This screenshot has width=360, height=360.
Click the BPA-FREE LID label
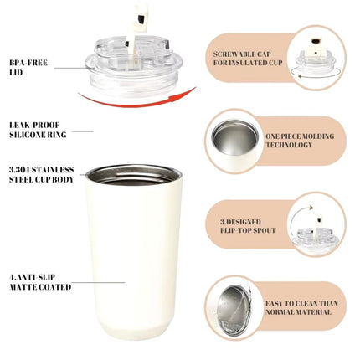(28, 67)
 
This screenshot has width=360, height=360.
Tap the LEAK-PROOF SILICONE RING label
(38, 130)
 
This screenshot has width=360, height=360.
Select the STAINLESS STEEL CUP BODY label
(41, 174)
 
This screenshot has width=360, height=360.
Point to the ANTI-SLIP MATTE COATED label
(40, 282)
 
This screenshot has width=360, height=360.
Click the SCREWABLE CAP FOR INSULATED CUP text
(248, 59)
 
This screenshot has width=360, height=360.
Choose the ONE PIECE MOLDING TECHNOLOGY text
(300, 141)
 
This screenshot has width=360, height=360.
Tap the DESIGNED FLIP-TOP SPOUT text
(248, 226)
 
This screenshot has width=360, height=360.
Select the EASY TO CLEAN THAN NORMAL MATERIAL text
(301, 307)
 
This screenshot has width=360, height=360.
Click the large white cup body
(135, 253)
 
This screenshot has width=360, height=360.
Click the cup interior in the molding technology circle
(234, 137)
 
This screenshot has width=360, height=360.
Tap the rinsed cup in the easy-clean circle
(234, 307)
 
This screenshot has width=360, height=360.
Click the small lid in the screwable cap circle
(316, 57)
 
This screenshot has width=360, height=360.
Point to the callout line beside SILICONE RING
(82, 131)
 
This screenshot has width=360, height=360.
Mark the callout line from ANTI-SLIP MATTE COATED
(98, 283)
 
